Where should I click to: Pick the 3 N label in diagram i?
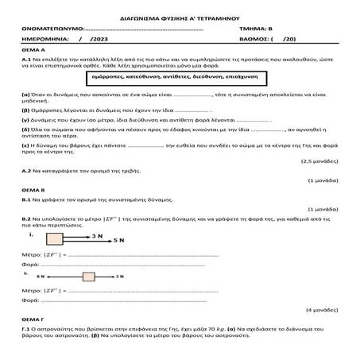click(97, 235)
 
